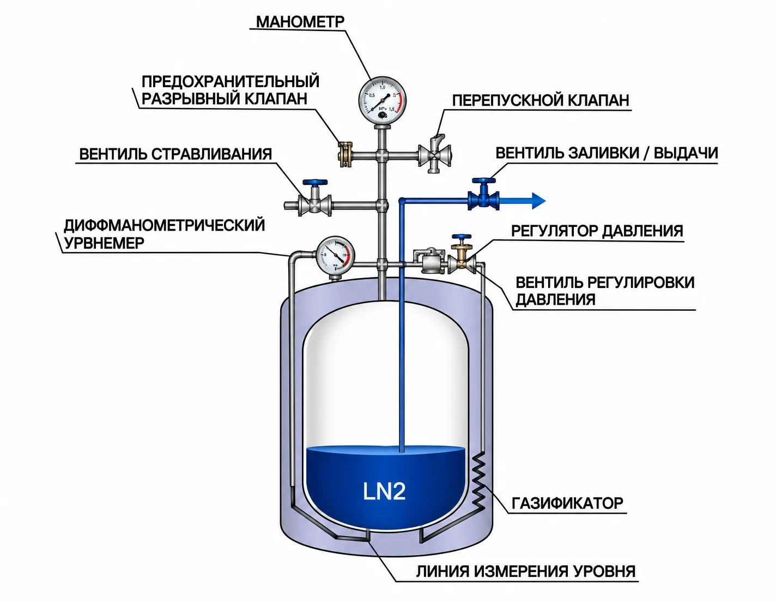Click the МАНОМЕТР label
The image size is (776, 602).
click(x=300, y=22)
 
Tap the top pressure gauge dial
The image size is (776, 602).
click(x=383, y=100)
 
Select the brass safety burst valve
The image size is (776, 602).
click(x=345, y=155)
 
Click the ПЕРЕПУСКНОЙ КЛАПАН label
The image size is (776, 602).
click(x=541, y=100)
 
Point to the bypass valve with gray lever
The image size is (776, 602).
click(x=435, y=154)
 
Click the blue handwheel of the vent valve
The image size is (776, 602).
click(x=314, y=183)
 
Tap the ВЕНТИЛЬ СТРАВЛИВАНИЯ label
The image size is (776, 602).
click(x=175, y=154)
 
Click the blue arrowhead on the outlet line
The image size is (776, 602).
click(x=538, y=201)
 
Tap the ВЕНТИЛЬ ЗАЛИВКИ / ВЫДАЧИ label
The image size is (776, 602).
click(x=607, y=153)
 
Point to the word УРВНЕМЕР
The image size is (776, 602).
click(x=104, y=243)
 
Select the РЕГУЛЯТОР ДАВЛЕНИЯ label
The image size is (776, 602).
click(x=597, y=231)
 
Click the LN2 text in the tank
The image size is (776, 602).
click(x=384, y=491)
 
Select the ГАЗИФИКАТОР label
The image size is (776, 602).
click(x=567, y=503)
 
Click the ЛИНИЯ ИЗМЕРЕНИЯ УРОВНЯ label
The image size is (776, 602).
click(x=526, y=571)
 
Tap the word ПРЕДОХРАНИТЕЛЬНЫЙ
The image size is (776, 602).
click(x=231, y=81)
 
